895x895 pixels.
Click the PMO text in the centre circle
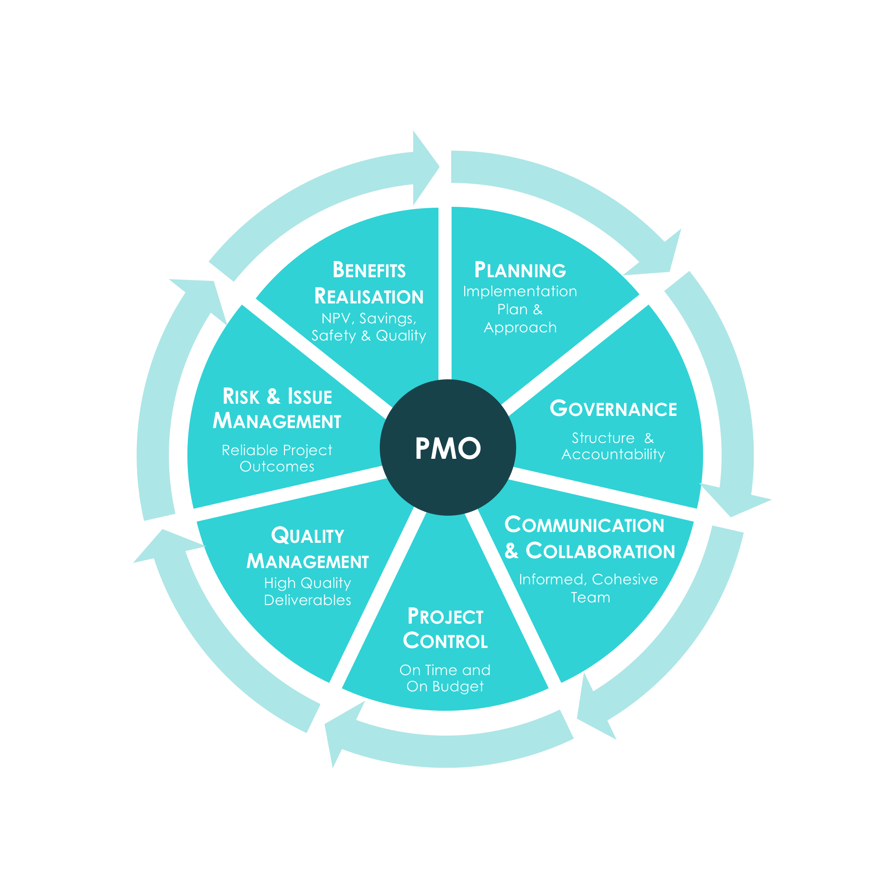coord(447,448)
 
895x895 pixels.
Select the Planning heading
coord(520,270)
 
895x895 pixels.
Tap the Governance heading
coord(613,409)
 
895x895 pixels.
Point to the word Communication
coord(584,525)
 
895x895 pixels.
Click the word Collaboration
coord(600,551)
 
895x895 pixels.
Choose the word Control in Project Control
coord(445,641)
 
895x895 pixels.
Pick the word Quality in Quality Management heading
coord(308,536)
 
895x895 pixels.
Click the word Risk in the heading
coord(241,396)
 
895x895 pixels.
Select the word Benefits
coord(369,270)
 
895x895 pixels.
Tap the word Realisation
coord(369,297)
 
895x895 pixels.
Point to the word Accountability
coord(613,454)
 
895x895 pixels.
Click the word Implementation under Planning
coord(520,291)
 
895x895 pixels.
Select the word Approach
coord(520,328)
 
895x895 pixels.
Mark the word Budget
coord(458,686)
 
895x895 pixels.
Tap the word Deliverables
coord(307,601)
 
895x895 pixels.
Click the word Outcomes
coord(276,466)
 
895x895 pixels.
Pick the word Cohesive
coord(625,579)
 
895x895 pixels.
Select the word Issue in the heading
coord(309,396)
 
